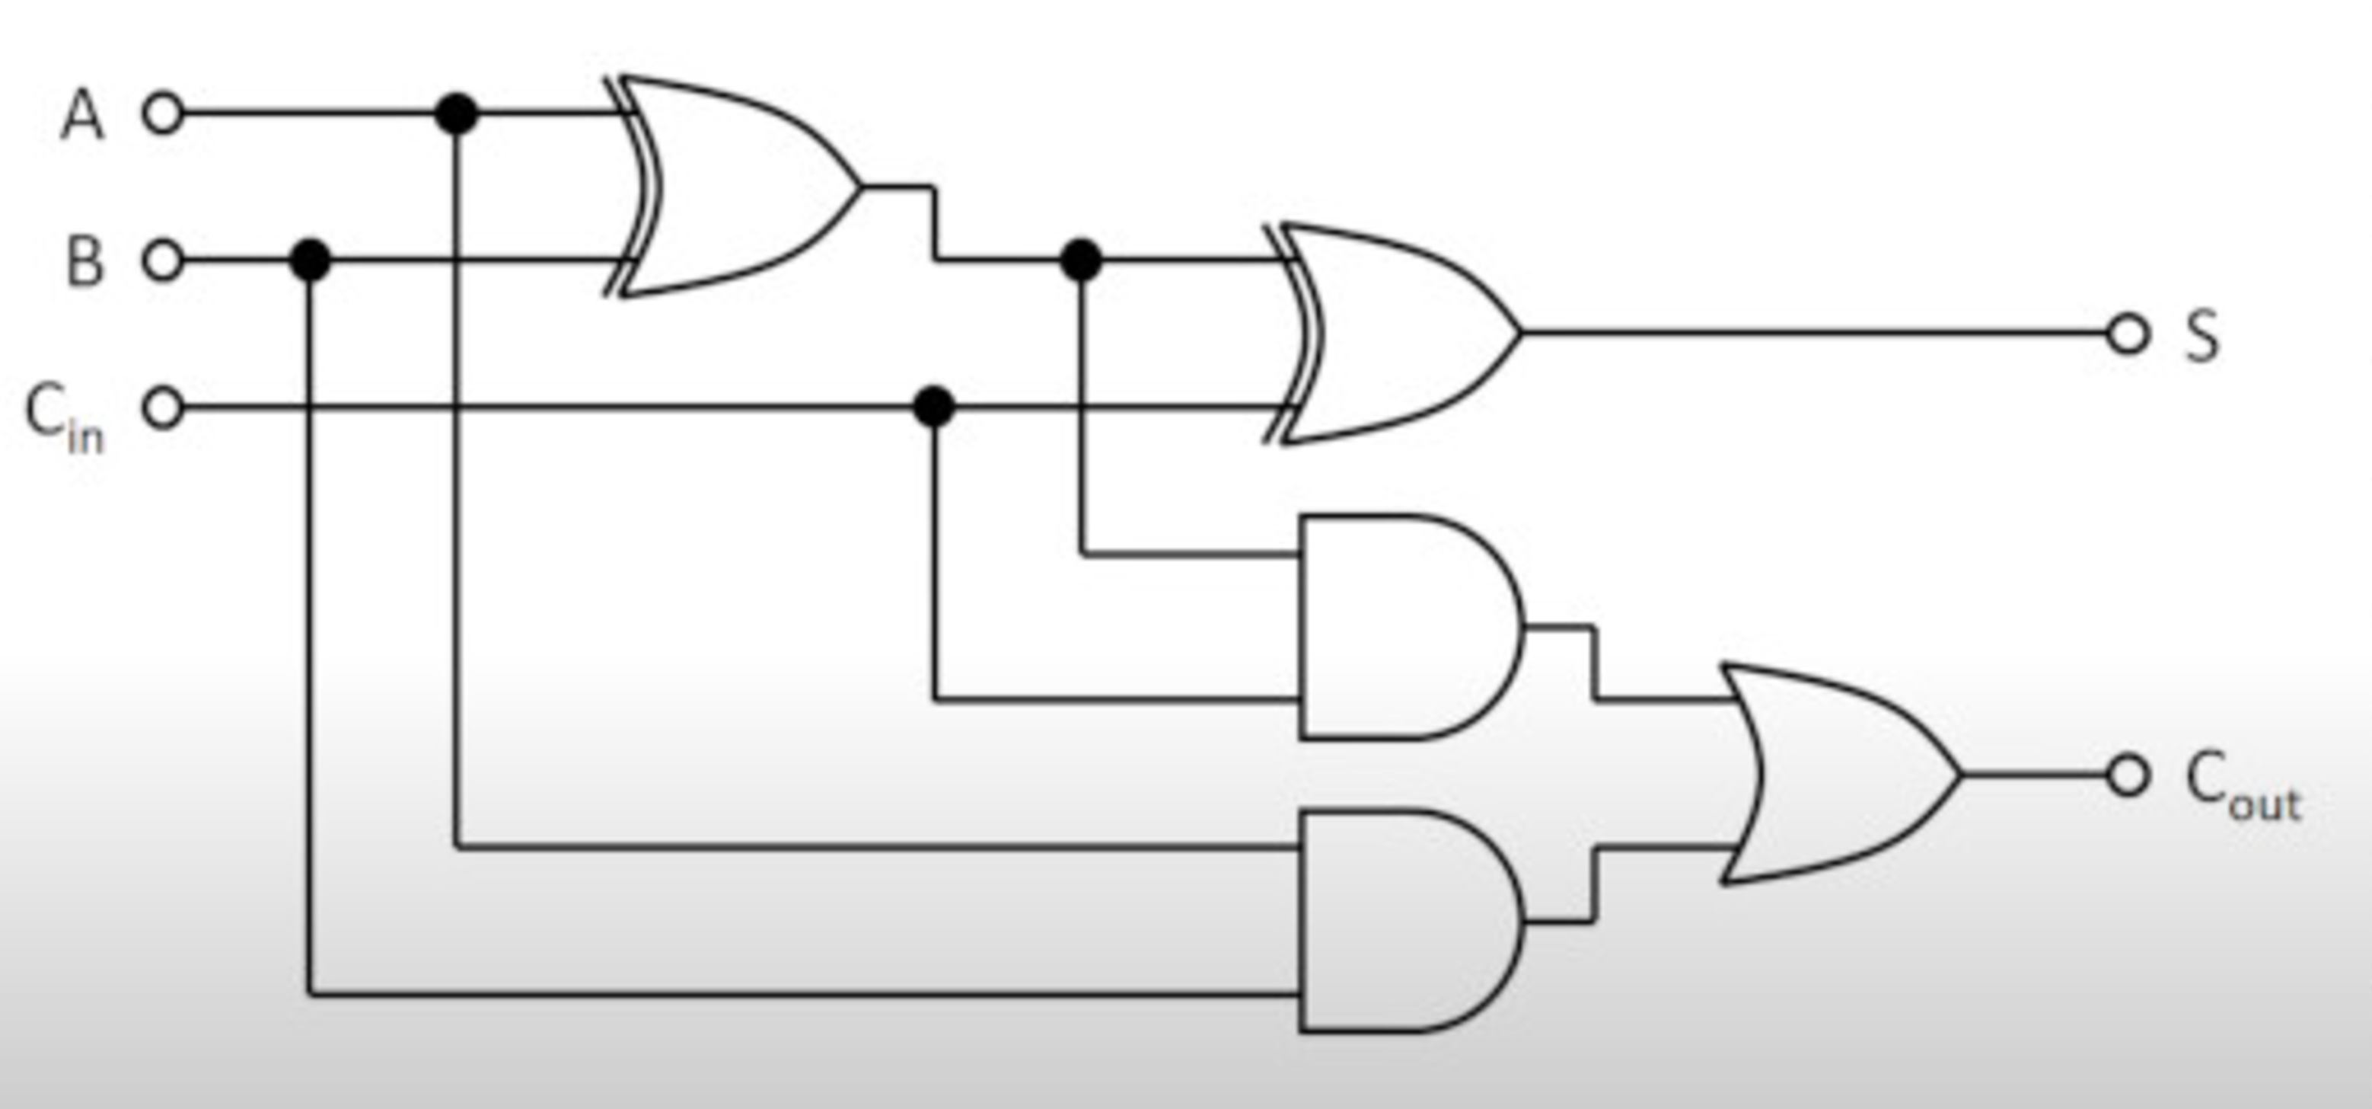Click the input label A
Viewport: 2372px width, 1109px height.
pyautogui.click(x=83, y=115)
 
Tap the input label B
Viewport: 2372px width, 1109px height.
pyautogui.click(x=84, y=260)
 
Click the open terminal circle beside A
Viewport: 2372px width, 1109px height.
pyautogui.click(x=163, y=114)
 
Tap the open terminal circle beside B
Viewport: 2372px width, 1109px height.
pyautogui.click(x=163, y=260)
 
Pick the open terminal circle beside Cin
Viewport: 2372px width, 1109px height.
pyautogui.click(x=163, y=408)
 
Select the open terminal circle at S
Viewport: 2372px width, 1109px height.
pyautogui.click(x=2127, y=334)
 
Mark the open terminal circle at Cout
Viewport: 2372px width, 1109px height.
pyautogui.click(x=2127, y=775)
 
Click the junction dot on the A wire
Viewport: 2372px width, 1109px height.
pyautogui.click(x=457, y=114)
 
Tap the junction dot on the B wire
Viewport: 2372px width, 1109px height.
pyautogui.click(x=311, y=260)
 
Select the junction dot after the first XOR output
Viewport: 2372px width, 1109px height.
pyautogui.click(x=1081, y=260)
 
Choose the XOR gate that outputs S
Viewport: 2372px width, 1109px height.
pyautogui.click(x=1395, y=334)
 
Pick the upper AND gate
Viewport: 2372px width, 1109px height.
pyautogui.click(x=1409, y=628)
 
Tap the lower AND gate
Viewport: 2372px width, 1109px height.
pyautogui.click(x=1409, y=921)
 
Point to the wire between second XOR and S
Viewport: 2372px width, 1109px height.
pyautogui.click(x=1814, y=334)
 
